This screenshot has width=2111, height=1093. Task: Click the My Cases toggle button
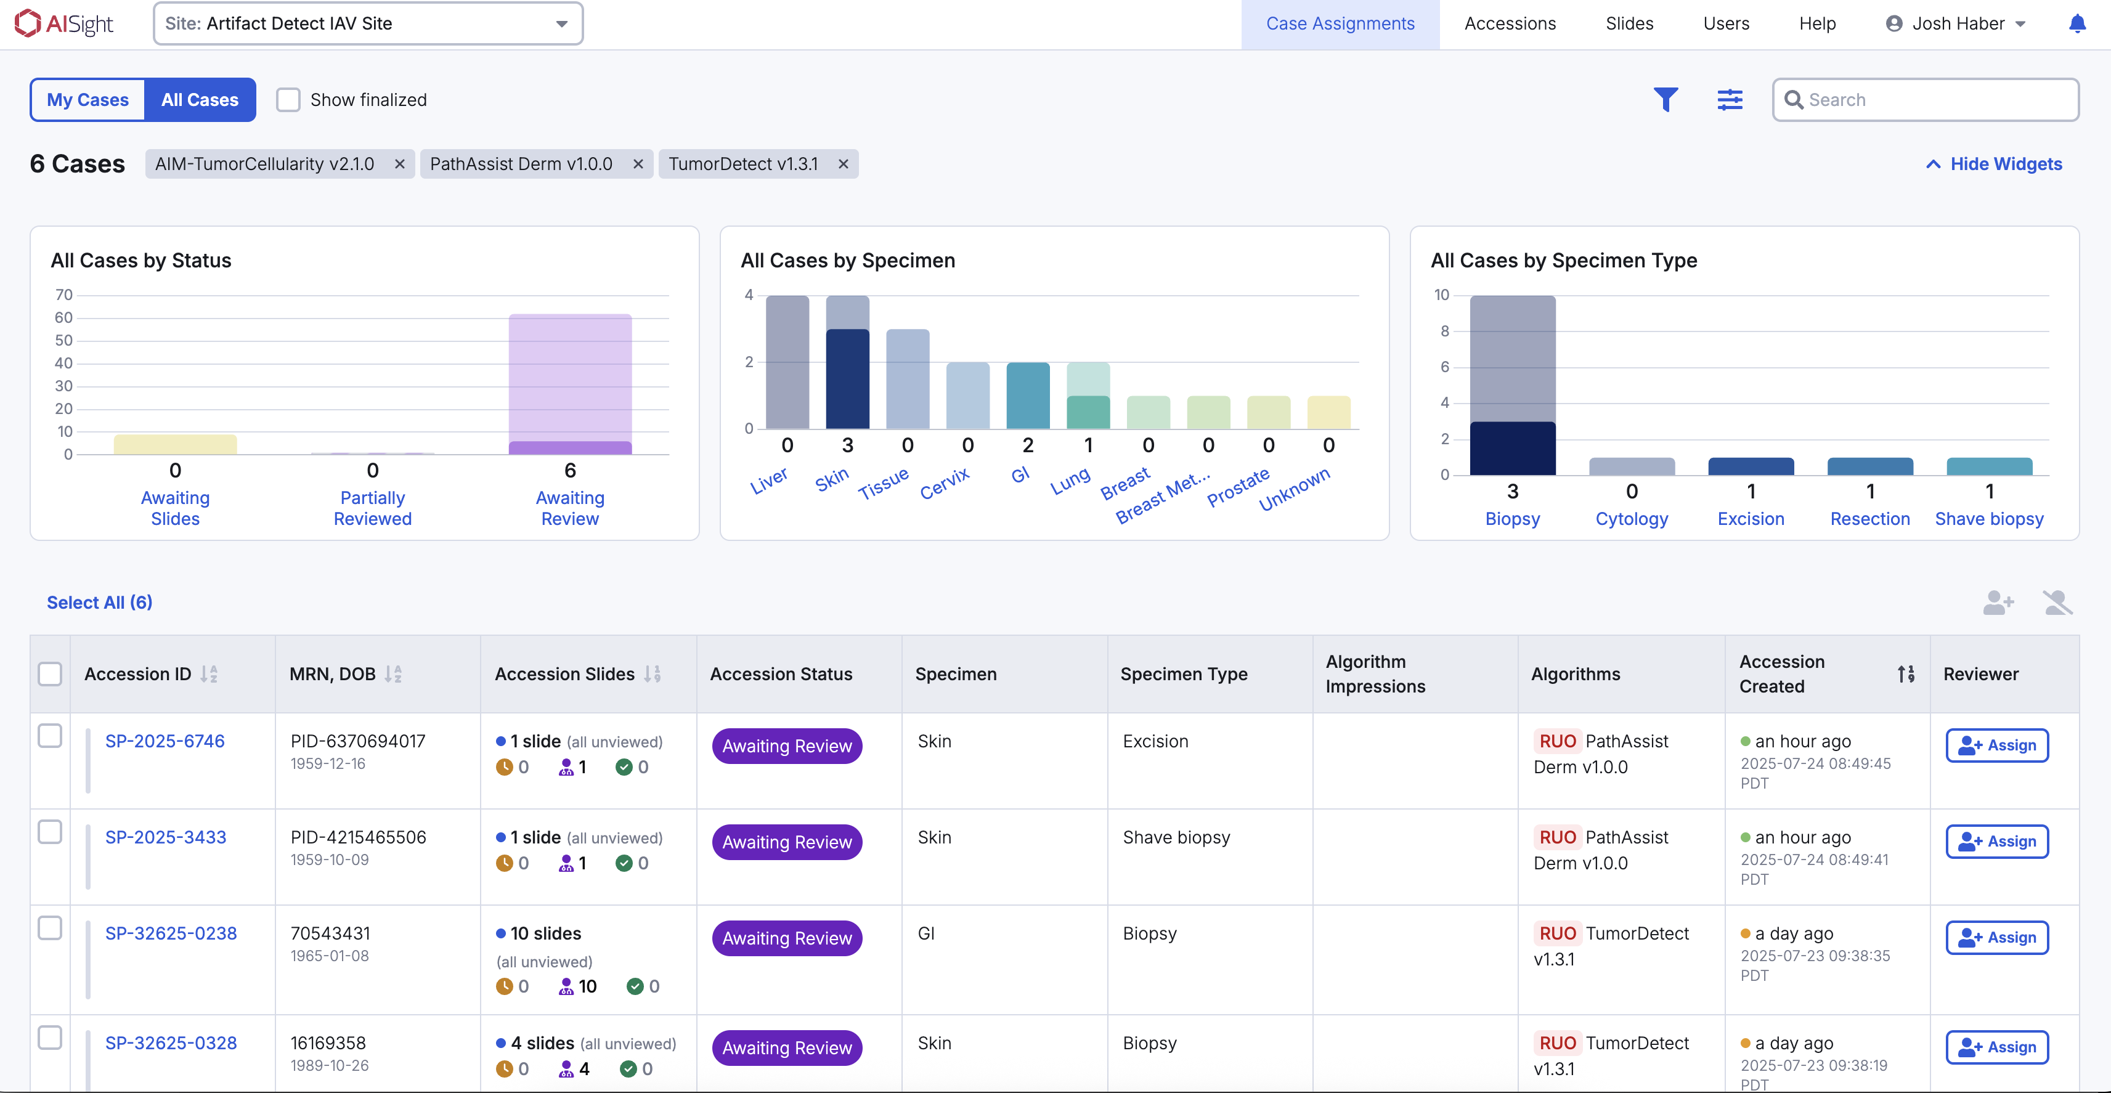pyautogui.click(x=87, y=100)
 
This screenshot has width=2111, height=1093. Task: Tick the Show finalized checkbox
pyautogui.click(x=288, y=100)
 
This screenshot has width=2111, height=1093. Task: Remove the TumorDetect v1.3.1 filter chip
pyautogui.click(x=842, y=165)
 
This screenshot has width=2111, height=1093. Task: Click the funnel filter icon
pyautogui.click(x=1665, y=100)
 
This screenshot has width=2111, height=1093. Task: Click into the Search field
pyautogui.click(x=1934, y=100)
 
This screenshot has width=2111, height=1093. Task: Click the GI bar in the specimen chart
pyautogui.click(x=1028, y=395)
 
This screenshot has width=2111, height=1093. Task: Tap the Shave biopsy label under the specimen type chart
pyautogui.click(x=1989, y=519)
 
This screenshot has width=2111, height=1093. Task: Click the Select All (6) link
pyautogui.click(x=99, y=602)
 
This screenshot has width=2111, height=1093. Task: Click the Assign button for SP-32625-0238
pyautogui.click(x=1996, y=937)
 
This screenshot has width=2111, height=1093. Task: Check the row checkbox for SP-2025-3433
pyautogui.click(x=50, y=832)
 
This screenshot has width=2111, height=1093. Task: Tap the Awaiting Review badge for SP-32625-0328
pyautogui.click(x=787, y=1048)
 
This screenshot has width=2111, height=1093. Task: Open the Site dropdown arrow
pyautogui.click(x=561, y=24)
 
